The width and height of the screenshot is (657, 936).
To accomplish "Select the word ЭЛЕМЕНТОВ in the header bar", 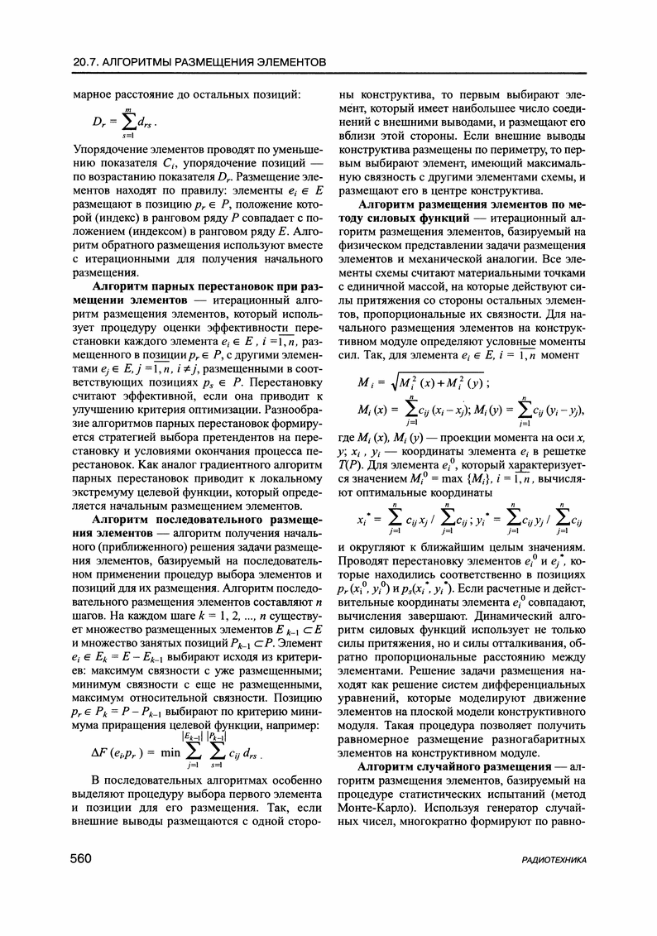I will point(280,62).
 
